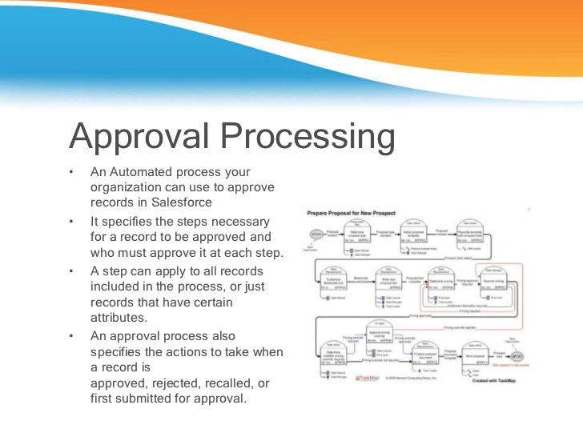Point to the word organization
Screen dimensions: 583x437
pyautogui.click(x=127, y=186)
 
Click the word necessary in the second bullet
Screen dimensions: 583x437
pyautogui.click(x=239, y=220)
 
